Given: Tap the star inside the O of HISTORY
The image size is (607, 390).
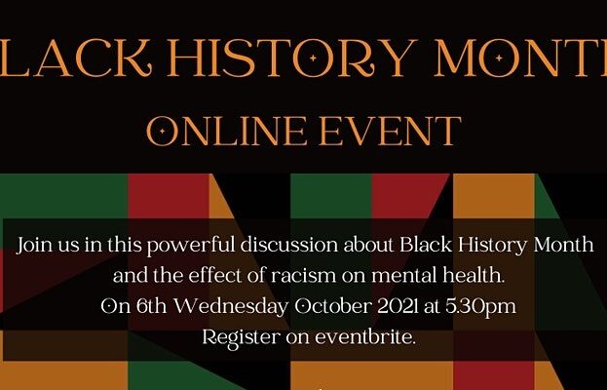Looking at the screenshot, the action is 313,58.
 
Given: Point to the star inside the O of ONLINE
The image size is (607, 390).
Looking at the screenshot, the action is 162,132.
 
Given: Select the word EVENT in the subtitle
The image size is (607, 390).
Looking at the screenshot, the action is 390,132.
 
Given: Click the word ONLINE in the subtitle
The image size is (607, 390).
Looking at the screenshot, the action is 227,132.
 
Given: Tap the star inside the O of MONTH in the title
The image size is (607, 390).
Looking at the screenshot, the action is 499,58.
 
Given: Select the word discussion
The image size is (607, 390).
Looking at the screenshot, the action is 289,245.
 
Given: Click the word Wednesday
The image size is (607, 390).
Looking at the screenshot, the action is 231,307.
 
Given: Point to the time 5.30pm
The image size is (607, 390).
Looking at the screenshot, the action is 480,307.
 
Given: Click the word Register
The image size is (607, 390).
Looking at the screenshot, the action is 242,338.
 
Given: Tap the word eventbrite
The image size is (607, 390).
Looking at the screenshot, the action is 365,337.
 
